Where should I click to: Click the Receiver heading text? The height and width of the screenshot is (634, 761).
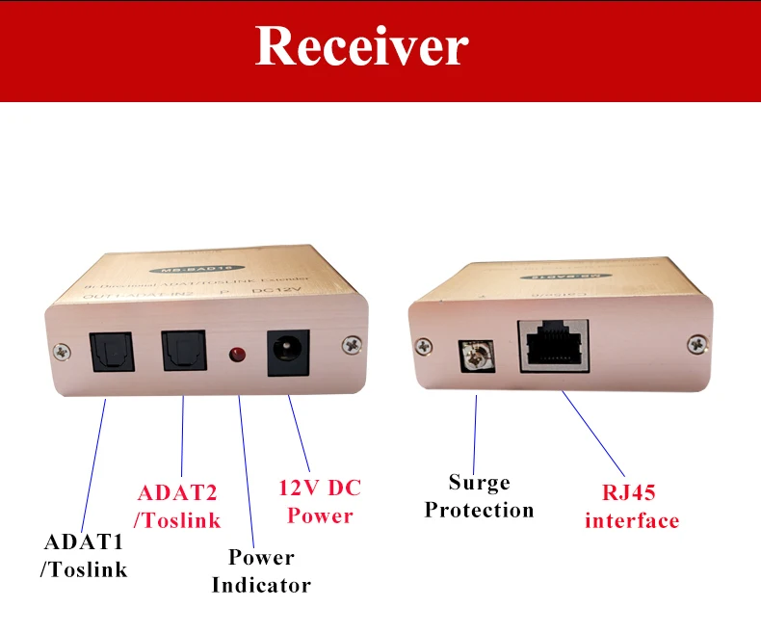361,46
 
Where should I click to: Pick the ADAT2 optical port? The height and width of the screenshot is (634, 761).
182,350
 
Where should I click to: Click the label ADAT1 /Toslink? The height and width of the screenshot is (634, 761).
83,555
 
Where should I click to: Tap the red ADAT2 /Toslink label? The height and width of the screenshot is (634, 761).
178,506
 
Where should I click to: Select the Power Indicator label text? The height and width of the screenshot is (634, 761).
261,570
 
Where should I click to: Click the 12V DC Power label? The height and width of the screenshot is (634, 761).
320,501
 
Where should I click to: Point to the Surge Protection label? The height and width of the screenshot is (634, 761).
479,495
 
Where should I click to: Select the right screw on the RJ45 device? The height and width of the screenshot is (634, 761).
695,342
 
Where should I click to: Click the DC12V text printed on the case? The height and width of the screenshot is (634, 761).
270,286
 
